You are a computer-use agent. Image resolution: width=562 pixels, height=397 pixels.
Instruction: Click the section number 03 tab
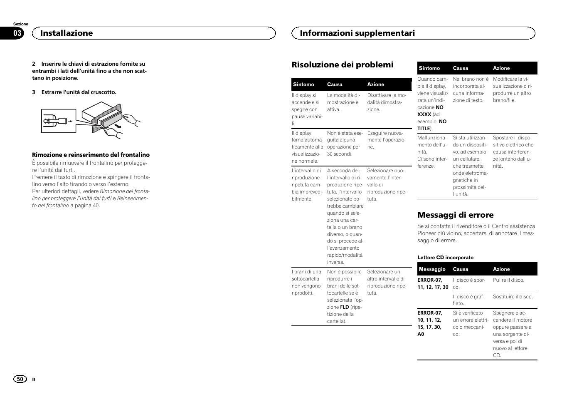17,33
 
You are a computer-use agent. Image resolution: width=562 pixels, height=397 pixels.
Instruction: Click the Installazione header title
67,33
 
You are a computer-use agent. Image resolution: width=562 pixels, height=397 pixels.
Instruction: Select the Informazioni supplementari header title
357,33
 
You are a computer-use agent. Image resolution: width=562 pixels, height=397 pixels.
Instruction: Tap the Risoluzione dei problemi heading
342,65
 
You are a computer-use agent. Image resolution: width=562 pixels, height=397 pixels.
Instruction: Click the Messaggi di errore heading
455,215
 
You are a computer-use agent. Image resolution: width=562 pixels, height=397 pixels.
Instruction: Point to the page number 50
20,379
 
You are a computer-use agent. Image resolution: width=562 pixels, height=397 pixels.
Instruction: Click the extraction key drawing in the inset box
56,121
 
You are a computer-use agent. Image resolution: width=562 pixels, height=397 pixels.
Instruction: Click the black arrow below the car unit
119,124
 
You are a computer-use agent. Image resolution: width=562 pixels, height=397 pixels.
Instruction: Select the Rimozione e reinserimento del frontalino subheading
91,155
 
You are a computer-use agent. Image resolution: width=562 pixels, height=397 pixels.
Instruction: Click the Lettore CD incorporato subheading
445,258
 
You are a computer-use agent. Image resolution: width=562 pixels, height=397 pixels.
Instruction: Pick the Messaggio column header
432,269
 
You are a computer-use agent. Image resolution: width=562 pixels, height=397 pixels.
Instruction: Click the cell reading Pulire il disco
508,280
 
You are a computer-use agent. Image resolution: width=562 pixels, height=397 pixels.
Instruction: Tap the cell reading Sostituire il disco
513,297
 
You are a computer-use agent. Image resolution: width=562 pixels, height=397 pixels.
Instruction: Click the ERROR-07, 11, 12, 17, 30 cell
433,283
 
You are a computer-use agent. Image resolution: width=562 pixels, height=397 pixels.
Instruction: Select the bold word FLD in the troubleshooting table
344,307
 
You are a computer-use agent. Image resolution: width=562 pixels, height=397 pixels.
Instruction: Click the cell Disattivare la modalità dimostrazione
386,102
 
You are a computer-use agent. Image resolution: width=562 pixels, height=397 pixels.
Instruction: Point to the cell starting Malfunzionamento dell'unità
432,151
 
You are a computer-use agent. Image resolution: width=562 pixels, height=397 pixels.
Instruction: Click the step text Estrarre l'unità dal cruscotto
79,92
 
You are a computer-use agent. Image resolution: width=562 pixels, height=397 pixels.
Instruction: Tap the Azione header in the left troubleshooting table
375,84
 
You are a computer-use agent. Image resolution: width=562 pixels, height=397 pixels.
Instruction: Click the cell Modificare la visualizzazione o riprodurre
512,89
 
